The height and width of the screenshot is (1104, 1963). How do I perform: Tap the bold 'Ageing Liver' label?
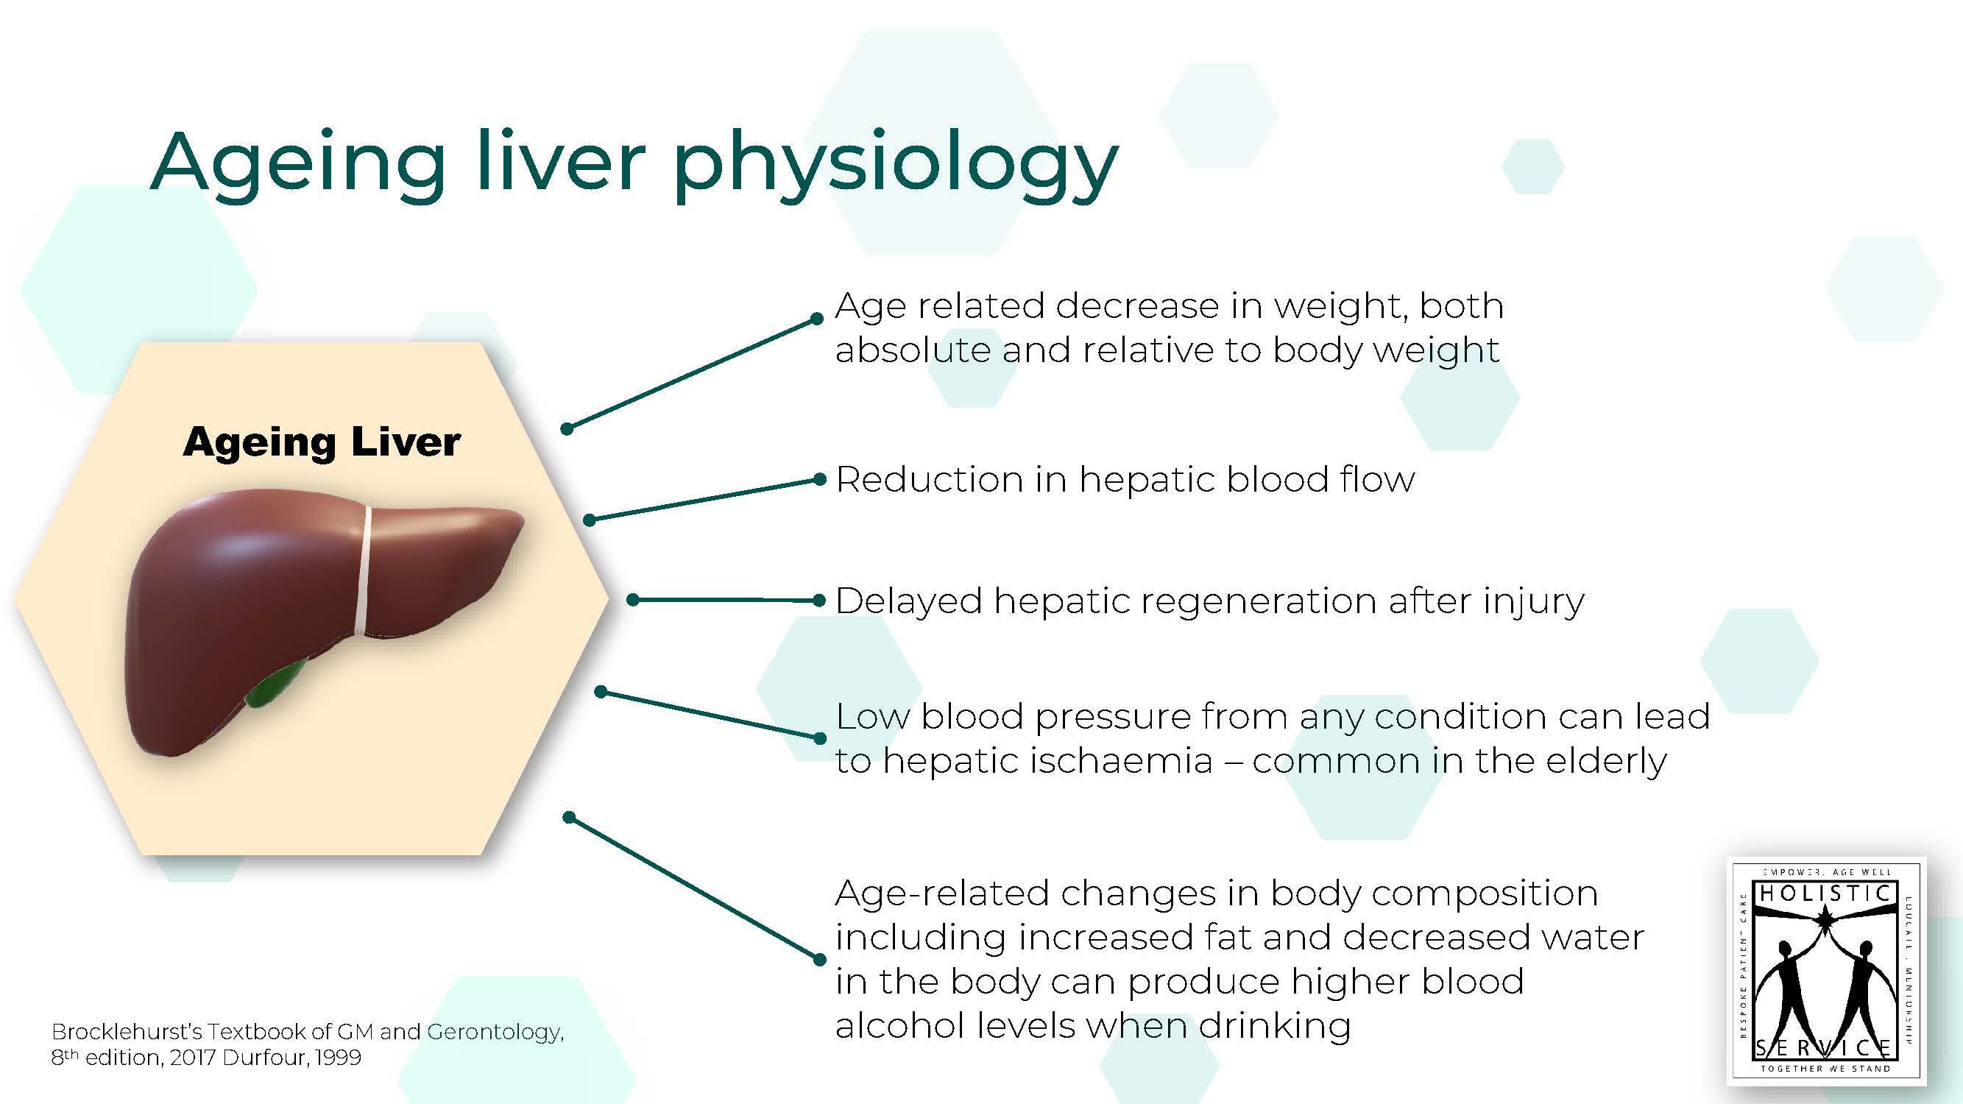pos(322,442)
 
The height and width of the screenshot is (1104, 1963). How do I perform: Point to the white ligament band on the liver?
pos(364,570)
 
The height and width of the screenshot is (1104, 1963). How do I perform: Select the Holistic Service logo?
pos(1826,971)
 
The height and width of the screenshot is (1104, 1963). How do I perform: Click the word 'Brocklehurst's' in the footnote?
pos(127,1032)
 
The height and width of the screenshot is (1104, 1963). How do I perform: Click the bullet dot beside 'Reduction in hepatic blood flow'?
pos(820,479)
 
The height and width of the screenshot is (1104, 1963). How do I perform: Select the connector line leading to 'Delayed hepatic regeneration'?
pos(726,601)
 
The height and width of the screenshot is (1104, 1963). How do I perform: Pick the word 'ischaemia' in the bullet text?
pos(1121,761)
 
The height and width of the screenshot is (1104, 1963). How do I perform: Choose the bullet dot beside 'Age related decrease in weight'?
pos(817,319)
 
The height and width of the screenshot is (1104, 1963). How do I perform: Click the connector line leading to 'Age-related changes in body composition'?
pos(693,888)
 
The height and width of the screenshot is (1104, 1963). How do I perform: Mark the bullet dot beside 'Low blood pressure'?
pos(820,738)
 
